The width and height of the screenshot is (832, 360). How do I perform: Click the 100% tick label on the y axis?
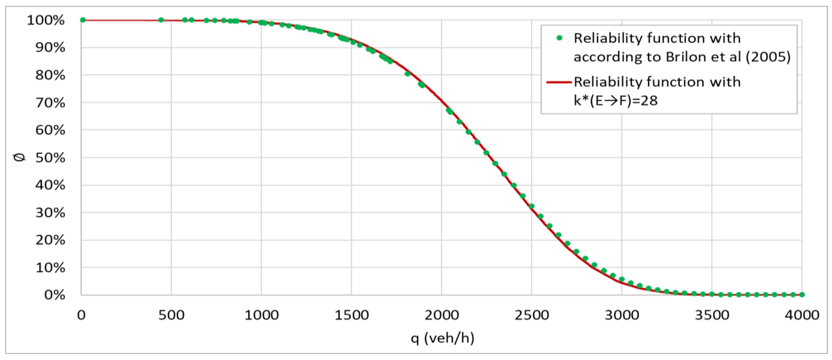click(x=46, y=20)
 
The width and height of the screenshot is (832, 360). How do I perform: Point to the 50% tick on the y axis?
click(x=50, y=158)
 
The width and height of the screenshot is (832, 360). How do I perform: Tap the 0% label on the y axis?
click(x=55, y=295)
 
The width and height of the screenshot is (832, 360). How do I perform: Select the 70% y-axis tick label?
click(x=50, y=103)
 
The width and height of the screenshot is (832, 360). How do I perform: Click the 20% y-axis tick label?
click(x=50, y=240)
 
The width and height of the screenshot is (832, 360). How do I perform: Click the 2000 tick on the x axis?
click(x=441, y=315)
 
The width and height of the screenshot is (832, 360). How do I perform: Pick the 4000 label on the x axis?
click(x=802, y=315)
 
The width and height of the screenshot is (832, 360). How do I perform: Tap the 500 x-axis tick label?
click(x=171, y=315)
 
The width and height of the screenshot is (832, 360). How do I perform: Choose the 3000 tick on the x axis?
click(x=622, y=315)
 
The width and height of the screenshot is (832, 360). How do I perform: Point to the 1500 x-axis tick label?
click(x=351, y=315)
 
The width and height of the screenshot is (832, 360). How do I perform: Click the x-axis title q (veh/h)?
click(x=443, y=338)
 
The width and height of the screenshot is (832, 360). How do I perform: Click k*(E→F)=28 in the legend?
click(x=615, y=101)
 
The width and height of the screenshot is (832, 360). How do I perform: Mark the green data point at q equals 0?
click(x=83, y=20)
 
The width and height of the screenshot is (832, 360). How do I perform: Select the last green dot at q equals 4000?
click(x=802, y=294)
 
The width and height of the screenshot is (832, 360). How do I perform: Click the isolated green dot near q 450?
click(x=161, y=20)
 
